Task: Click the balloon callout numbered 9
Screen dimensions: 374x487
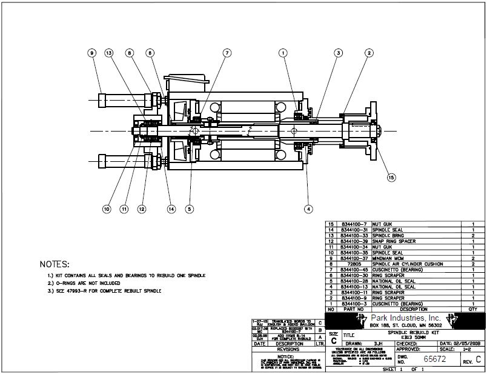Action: [92, 53]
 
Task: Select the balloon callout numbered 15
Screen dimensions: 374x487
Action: [391, 178]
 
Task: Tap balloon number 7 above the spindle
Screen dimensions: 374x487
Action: [227, 53]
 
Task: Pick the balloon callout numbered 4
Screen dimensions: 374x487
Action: [308, 209]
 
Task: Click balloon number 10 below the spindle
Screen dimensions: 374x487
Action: [106, 209]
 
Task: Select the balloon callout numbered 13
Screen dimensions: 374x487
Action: [109, 53]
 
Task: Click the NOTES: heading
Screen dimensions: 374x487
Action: [55, 265]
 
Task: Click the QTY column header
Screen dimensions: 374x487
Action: [472, 309]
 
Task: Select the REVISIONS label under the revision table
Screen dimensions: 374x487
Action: [287, 349]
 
